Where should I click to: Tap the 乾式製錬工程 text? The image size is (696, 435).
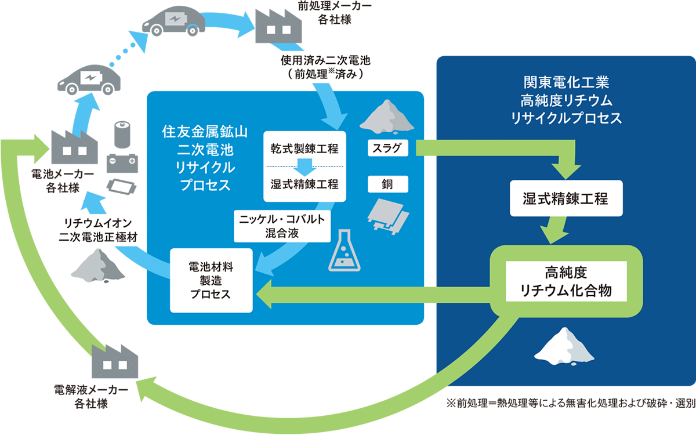coord(304,150)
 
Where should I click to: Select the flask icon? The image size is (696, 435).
coord(345,256)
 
